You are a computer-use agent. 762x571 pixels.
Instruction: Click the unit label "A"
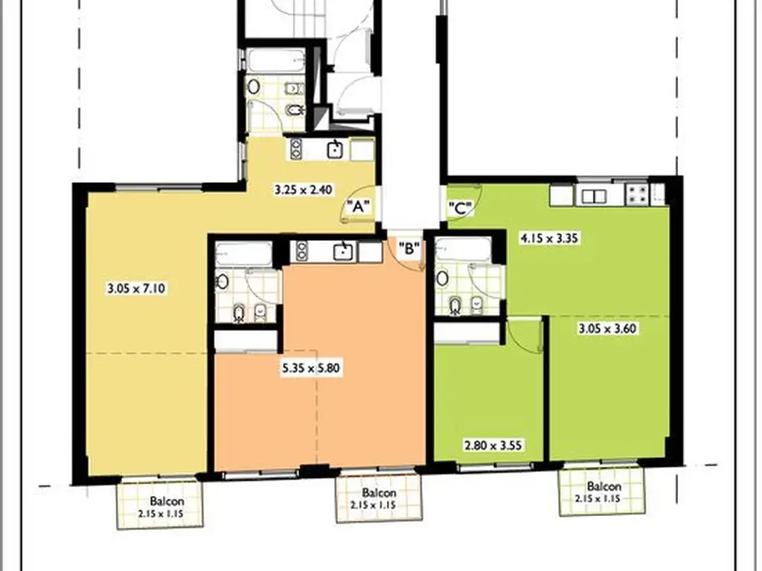358,207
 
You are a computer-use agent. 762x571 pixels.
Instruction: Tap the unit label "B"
409,248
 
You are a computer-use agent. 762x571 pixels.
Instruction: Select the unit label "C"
460,209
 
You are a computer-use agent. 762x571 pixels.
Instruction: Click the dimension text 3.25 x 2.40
304,190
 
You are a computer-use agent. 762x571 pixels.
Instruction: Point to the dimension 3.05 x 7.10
136,288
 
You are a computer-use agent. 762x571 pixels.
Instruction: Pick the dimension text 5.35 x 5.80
311,367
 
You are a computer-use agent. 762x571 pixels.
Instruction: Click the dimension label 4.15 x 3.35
549,239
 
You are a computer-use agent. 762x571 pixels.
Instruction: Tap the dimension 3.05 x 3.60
607,329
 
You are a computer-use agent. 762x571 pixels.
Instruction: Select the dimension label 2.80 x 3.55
494,445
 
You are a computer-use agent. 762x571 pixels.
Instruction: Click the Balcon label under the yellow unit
167,502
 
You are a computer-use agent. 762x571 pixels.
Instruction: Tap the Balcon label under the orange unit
379,494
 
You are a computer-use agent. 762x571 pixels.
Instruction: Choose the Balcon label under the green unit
604,486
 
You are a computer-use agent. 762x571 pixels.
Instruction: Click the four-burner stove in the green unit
637,194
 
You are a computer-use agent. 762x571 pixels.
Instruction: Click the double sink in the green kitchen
594,196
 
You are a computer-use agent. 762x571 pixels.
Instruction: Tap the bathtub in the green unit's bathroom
463,250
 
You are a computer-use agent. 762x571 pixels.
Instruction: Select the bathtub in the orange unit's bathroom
243,254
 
